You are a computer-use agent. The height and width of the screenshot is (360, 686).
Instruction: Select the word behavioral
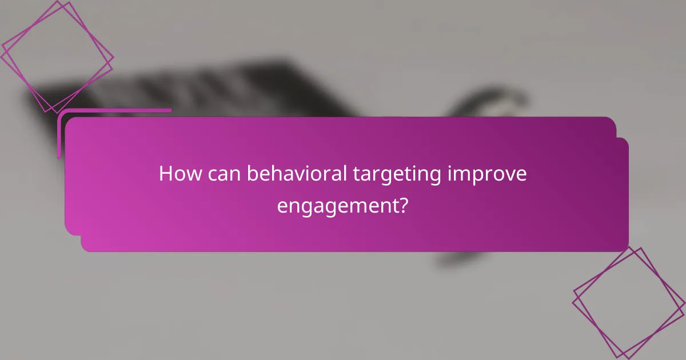pyautogui.click(x=296, y=174)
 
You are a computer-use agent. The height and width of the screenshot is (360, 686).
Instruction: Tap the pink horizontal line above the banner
pyautogui.click(x=114, y=111)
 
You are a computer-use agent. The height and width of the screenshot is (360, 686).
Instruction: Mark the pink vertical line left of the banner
pyautogui.click(x=59, y=134)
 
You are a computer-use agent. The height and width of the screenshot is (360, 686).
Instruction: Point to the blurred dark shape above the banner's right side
pyautogui.click(x=486, y=103)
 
